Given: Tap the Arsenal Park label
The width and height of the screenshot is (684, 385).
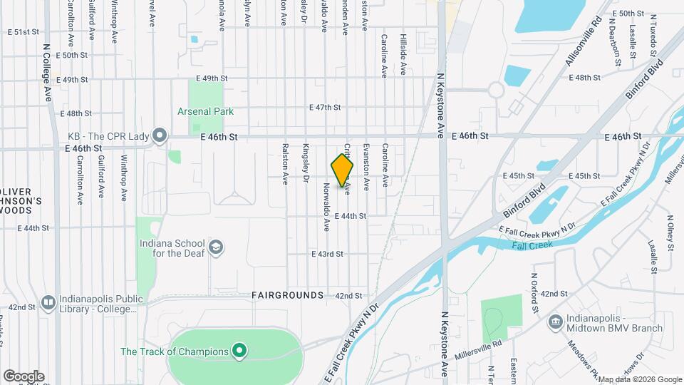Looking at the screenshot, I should pos(205,111).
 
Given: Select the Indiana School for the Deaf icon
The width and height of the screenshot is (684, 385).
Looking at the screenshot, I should pos(217,248).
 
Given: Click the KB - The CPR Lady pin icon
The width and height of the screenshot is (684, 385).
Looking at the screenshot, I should pos(159,135).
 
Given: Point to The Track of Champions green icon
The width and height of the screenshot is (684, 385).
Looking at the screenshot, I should pos(240,351).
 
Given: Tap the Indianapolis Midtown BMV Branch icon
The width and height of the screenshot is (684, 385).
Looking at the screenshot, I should pos(555,322).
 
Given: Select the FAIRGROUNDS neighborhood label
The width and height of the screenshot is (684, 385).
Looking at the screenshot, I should pos(287,295).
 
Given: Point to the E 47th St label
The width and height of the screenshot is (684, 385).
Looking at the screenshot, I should pos(325,108).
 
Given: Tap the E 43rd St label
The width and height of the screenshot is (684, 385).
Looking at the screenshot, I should pos(327,254).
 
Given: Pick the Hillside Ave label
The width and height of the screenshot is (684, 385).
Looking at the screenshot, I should pos(403,54).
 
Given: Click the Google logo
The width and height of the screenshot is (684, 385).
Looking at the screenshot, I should pos(24,376).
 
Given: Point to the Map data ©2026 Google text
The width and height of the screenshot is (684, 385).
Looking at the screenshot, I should pos(638,379).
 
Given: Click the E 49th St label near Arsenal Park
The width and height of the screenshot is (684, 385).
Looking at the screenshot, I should pos(212,78).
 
